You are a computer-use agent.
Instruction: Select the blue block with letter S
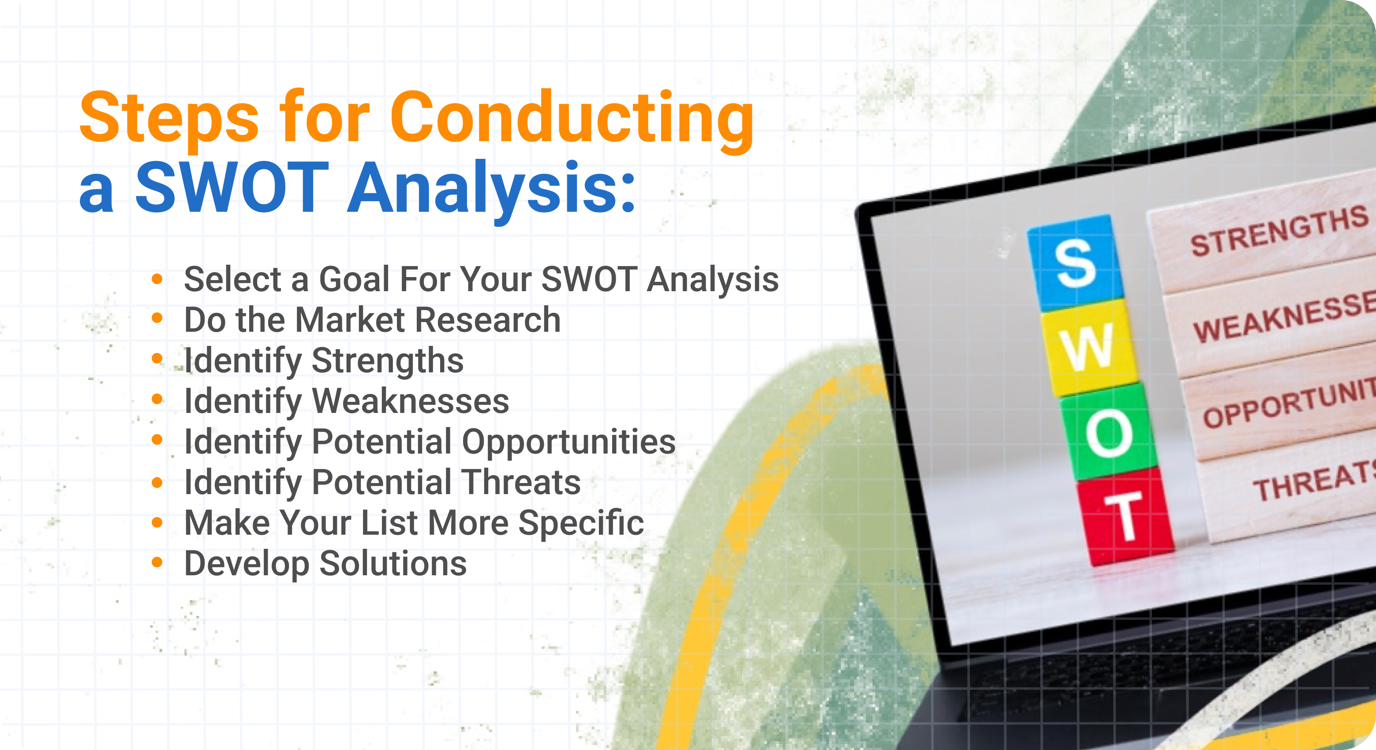[x=1075, y=263]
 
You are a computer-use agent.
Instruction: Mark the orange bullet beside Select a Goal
[x=157, y=278]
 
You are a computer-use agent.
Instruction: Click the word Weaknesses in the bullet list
[x=410, y=401]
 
